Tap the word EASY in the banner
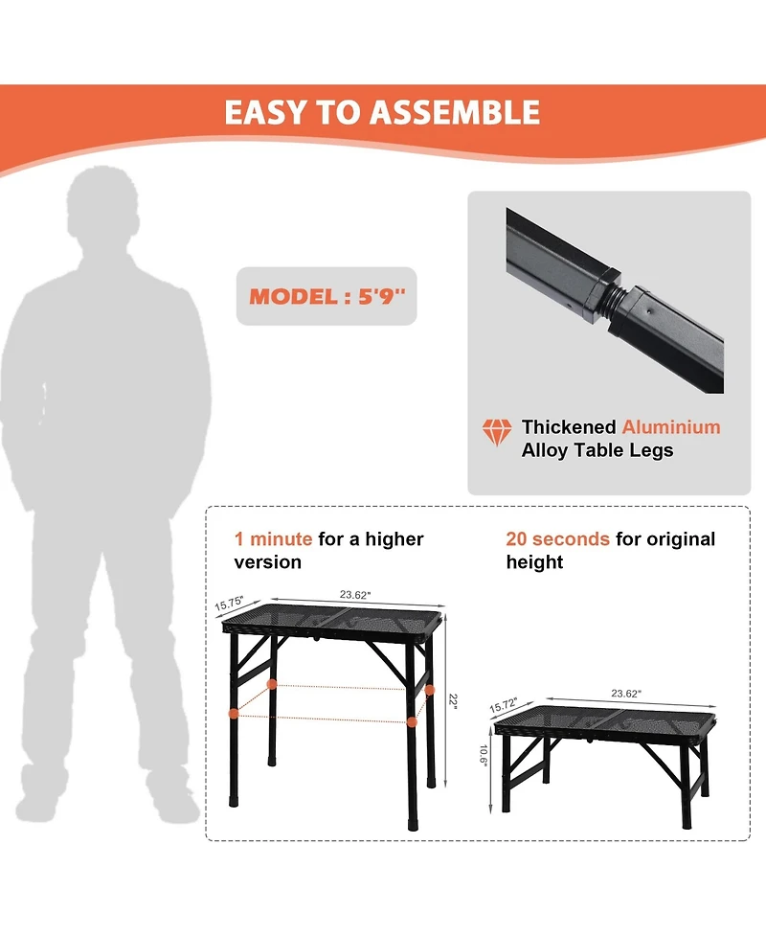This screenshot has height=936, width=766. click(x=265, y=112)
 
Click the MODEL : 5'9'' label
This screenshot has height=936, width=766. click(x=327, y=296)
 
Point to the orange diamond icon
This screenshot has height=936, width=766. click(x=496, y=431)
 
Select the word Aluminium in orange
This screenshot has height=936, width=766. click(x=671, y=427)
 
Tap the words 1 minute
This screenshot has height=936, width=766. click(x=273, y=539)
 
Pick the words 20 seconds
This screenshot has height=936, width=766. click(x=558, y=539)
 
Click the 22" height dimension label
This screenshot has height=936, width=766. click(x=454, y=701)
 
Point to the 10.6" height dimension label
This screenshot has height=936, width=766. click(x=484, y=755)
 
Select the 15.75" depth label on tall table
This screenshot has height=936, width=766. click(x=229, y=604)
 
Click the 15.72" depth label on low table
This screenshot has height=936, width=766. click(x=504, y=705)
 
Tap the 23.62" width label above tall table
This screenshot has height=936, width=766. click(x=355, y=595)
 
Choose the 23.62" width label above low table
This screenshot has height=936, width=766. click(x=626, y=693)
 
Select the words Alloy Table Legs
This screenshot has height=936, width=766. click(x=597, y=450)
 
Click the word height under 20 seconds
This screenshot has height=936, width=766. click(x=534, y=562)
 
